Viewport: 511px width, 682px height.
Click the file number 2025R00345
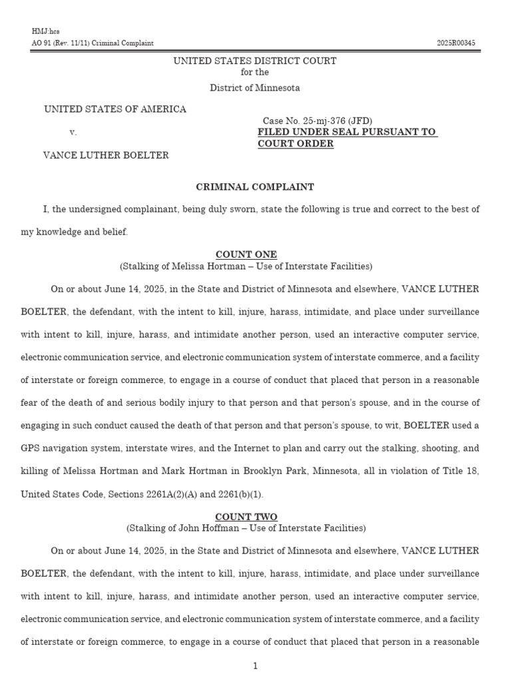tap(456, 43)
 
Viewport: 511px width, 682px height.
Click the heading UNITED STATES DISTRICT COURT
tap(255, 61)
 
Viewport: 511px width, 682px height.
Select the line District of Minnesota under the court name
tap(255, 88)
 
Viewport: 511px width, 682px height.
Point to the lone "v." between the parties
tap(73, 133)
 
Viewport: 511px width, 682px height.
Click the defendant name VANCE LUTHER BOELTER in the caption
tap(106, 155)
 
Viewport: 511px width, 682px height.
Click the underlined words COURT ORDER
tap(295, 144)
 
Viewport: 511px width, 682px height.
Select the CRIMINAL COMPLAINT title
tap(255, 187)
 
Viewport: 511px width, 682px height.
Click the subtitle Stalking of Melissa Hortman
tap(246, 266)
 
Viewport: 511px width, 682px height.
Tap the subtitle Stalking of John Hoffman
tap(246, 528)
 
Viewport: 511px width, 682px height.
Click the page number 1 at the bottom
tap(255, 666)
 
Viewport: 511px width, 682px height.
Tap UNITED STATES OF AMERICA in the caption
tap(115, 109)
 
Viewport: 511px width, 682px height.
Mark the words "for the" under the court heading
tap(255, 73)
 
